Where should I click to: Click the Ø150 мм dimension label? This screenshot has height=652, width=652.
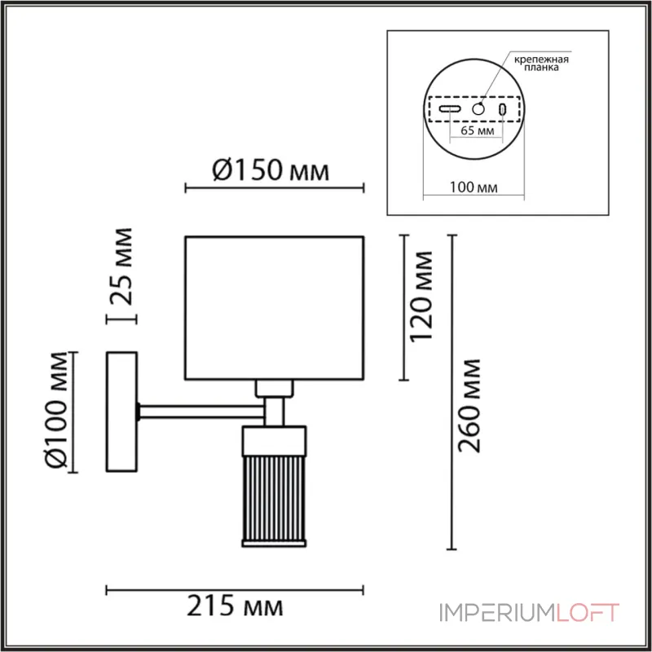click(271, 170)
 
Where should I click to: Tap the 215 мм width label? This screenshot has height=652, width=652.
click(235, 606)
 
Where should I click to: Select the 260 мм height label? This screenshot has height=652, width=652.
click(469, 405)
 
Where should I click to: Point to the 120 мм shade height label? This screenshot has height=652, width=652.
click(421, 297)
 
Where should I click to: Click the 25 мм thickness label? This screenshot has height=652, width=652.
click(121, 267)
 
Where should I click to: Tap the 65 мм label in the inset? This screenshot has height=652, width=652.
click(478, 130)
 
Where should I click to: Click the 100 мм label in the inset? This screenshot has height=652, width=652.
click(474, 187)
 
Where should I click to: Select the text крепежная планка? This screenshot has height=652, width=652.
click(541, 63)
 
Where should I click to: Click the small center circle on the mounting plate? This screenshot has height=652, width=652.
click(478, 109)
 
